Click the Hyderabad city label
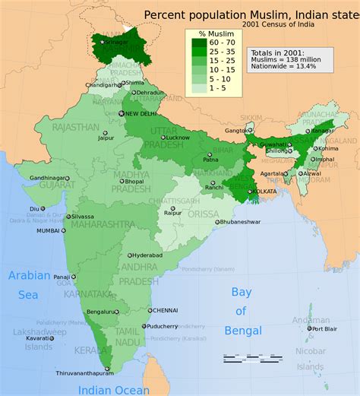click(145, 255)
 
